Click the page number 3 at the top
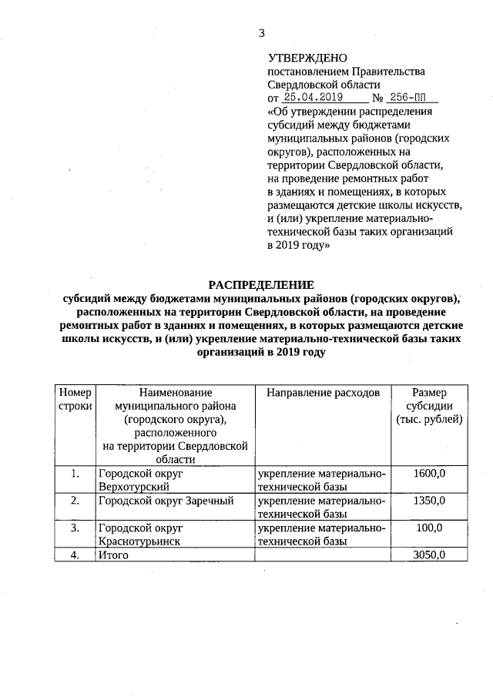pyautogui.click(x=262, y=33)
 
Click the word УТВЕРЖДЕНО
pyautogui.click(x=307, y=58)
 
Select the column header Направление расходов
pyautogui.click(x=323, y=393)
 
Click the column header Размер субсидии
pyautogui.click(x=429, y=406)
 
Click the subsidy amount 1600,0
pyautogui.click(x=429, y=474)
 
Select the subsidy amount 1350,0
pyautogui.click(x=429, y=501)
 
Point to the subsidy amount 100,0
pyautogui.click(x=429, y=528)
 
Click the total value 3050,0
pyautogui.click(x=429, y=555)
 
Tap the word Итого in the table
pyautogui.click(x=113, y=555)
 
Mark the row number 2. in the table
pyautogui.click(x=75, y=501)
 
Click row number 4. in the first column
pyautogui.click(x=75, y=555)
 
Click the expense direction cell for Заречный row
pyautogui.click(x=322, y=507)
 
